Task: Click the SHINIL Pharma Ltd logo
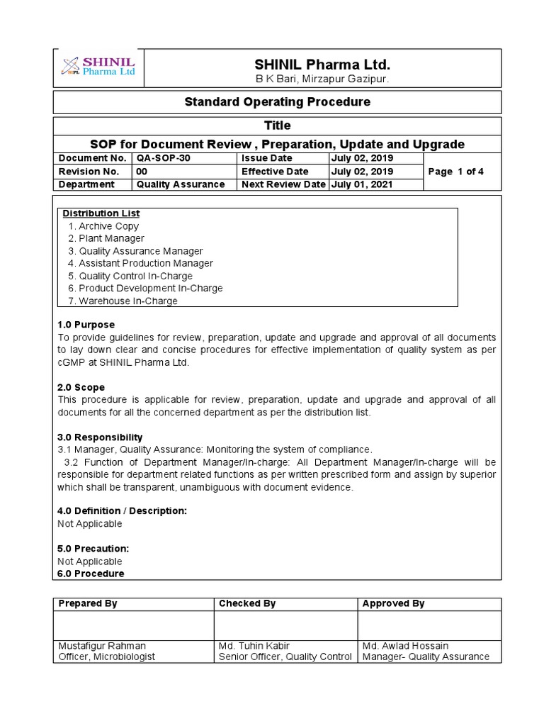point(98,67)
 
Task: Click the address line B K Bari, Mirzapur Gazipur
point(312,79)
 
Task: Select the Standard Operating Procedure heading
point(277,102)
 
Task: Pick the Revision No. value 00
point(142,172)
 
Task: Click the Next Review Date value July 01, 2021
point(363,184)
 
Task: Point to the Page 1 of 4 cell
point(456,172)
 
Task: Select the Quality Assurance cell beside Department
point(181,184)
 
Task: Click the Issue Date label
point(266,158)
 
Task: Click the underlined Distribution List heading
point(101,213)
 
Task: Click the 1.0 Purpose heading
point(86,325)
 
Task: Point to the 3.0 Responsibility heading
point(100,437)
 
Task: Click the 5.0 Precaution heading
point(93,549)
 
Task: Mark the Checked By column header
point(247,603)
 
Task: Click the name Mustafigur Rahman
point(103,646)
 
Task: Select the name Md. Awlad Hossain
point(405,646)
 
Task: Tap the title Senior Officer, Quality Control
point(285,657)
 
